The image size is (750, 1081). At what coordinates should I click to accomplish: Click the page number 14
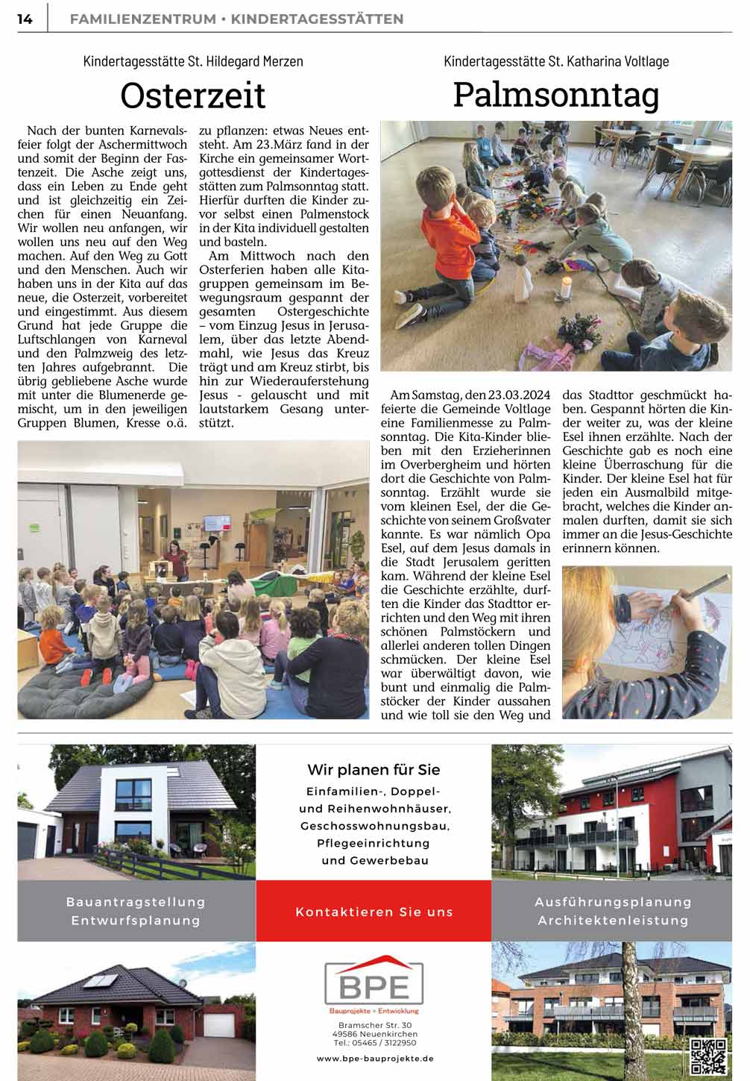25,19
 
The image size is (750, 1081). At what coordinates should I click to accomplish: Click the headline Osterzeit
193,95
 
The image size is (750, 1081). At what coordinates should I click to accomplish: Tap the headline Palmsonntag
556,95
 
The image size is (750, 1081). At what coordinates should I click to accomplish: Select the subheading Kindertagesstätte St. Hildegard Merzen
193,61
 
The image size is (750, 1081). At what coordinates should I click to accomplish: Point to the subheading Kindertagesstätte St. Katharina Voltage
556,61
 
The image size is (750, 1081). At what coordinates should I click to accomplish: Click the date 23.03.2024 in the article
516,395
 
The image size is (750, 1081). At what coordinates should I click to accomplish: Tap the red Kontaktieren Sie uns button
374,912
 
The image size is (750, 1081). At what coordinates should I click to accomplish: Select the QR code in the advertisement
708,1055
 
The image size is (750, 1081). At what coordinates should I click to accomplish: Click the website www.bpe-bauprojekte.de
374,1059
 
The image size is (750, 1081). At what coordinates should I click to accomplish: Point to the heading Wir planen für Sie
374,770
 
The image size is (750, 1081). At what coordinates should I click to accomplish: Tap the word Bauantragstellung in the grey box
136,902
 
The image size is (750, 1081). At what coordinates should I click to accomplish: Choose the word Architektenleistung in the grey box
613,921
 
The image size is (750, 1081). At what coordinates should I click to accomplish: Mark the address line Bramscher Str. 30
374,1026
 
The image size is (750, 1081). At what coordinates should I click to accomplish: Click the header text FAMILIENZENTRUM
142,19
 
